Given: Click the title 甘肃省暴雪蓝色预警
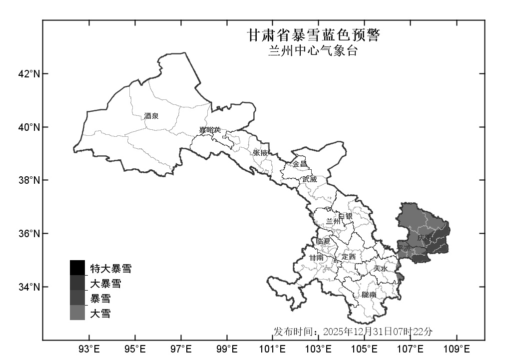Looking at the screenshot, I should click(x=314, y=35).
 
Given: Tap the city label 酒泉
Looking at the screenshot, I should click(x=151, y=116).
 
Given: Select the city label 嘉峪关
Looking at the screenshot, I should click(x=210, y=130).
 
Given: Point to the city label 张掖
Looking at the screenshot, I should click(x=261, y=153).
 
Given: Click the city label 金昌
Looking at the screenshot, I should click(x=300, y=164).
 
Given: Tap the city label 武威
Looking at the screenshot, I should click(x=309, y=179).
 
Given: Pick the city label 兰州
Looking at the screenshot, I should click(x=333, y=221).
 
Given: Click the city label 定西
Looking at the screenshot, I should click(x=349, y=257).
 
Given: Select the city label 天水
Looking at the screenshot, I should click(x=381, y=269).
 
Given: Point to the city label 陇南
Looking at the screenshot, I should click(x=369, y=295).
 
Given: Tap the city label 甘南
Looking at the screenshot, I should click(x=316, y=258).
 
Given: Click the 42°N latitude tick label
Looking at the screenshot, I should click(x=29, y=74).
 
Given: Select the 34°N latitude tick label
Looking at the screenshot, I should click(x=29, y=287).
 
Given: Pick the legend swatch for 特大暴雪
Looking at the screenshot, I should click(x=77, y=268).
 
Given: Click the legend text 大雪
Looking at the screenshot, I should click(x=100, y=314).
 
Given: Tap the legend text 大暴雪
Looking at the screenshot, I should click(x=105, y=284).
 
